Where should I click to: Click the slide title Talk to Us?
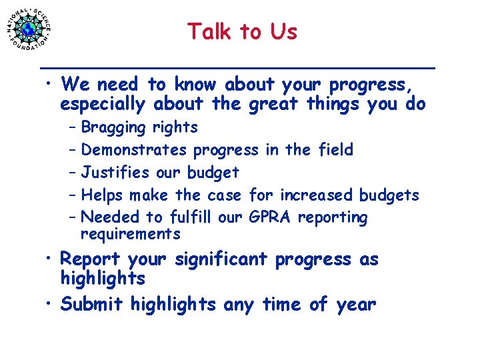click(242, 31)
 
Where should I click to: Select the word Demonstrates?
click(135, 150)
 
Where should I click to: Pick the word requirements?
click(130, 234)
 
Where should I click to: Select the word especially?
click(102, 105)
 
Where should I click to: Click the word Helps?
click(103, 195)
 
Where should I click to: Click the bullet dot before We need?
click(50, 85)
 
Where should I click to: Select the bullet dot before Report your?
click(50, 260)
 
